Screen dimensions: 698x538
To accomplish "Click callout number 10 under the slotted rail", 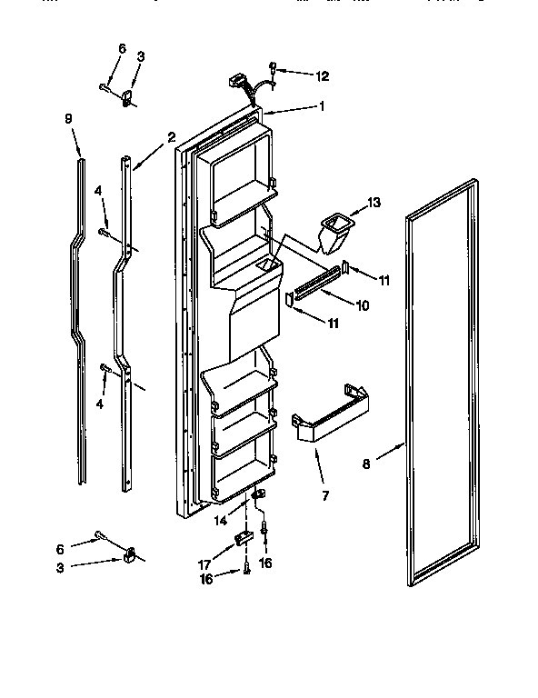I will (362, 305).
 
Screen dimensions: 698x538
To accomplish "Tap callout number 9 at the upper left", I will (68, 118).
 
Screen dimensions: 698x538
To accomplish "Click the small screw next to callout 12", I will (274, 65).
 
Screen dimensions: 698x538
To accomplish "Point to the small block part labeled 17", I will (241, 538).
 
